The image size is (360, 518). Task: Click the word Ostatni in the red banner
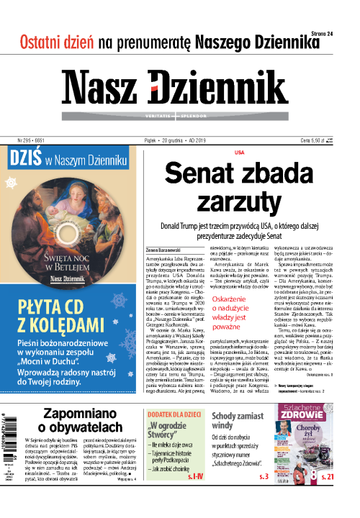tap(45, 41)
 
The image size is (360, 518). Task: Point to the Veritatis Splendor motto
tap(180, 115)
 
